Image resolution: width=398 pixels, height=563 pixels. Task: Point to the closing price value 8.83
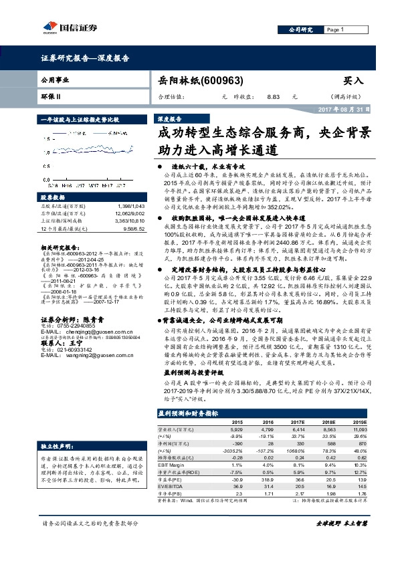coord(273,96)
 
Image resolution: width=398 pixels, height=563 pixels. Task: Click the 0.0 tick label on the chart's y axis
coord(46,180)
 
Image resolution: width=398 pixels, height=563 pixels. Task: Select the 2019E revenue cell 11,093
coord(358,430)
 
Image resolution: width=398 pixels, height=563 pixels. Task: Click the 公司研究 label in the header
coord(301,30)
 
